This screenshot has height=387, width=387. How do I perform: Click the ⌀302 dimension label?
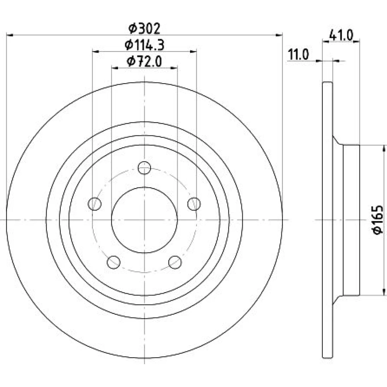144,28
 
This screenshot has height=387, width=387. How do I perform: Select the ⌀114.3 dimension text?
145,45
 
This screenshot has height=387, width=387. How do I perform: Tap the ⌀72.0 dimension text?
144,61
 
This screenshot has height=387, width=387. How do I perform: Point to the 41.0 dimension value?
341,35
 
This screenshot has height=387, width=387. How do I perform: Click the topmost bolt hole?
144,168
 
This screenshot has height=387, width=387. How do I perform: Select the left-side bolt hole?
94,204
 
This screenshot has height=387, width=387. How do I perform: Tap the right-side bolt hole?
194,204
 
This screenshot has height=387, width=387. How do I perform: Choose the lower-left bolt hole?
113,262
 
